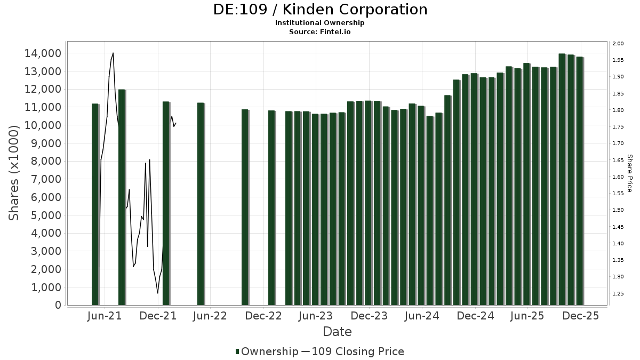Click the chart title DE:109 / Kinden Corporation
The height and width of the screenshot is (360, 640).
pyautogui.click(x=320, y=10)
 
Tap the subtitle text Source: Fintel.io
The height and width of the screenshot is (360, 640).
pyautogui.click(x=320, y=31)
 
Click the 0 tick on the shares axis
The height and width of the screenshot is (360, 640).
pyautogui.click(x=58, y=305)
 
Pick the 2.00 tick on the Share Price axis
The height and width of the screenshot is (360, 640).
pyautogui.click(x=618, y=44)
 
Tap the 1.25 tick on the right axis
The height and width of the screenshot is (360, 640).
pyautogui.click(x=618, y=294)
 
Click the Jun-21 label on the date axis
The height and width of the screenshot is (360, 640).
pyautogui.click(x=105, y=316)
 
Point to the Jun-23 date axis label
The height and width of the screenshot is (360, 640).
pyautogui.click(x=316, y=316)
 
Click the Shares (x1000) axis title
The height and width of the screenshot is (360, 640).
pyautogui.click(x=14, y=173)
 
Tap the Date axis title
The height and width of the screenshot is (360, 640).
pyautogui.click(x=337, y=332)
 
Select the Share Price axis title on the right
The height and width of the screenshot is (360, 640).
pyautogui.click(x=629, y=173)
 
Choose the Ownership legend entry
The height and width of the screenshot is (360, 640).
pyautogui.click(x=267, y=351)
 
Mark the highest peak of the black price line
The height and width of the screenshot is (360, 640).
pyautogui.click(x=113, y=53)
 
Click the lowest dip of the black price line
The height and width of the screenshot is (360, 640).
pyautogui.click(x=157, y=293)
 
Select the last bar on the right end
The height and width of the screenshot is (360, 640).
pyautogui.click(x=579, y=181)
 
